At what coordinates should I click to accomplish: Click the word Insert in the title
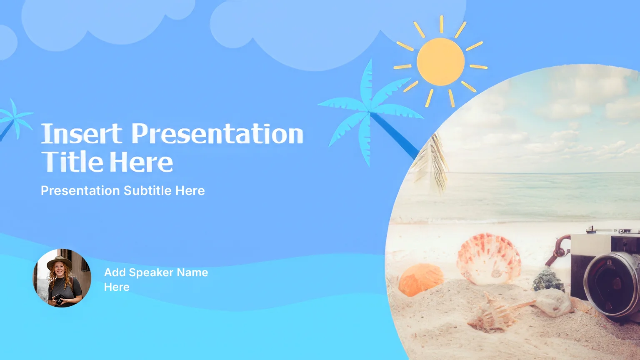tap(82, 133)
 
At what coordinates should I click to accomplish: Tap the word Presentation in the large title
tap(217, 133)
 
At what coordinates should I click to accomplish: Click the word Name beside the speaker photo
tap(192, 272)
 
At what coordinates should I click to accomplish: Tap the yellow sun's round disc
tap(440, 62)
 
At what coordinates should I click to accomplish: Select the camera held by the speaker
tap(59, 299)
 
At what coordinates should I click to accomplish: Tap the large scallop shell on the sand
tap(488, 259)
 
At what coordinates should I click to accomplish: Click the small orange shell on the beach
tap(421, 280)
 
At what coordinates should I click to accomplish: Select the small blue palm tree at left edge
tap(14, 120)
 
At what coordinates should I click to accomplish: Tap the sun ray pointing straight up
tap(441, 24)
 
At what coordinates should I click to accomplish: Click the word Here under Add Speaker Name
tap(117, 287)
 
